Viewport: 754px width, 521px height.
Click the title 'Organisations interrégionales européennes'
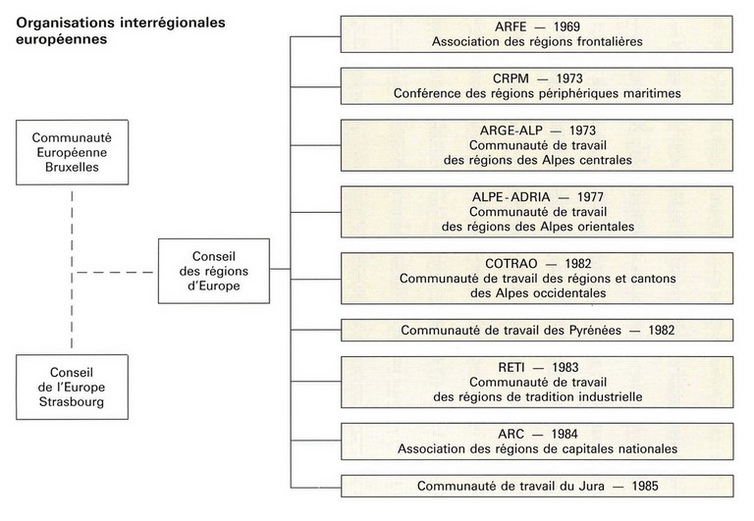(120, 30)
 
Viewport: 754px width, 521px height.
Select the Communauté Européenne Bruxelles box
(72, 152)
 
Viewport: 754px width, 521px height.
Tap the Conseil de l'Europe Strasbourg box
(72, 387)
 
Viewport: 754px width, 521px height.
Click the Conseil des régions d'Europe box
(214, 271)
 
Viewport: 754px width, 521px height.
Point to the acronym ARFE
(511, 26)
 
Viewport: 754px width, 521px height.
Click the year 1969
(566, 26)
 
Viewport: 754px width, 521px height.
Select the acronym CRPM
(511, 78)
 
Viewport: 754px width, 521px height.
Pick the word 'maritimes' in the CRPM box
(652, 93)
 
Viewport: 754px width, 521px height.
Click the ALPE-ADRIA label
(512, 197)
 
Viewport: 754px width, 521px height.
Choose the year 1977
(590, 197)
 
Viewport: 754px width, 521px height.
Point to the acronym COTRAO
(512, 263)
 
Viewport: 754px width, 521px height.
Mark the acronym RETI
(512, 368)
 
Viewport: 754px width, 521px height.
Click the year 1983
(565, 368)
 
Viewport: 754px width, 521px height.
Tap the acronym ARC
(511, 434)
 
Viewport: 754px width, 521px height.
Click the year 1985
(645, 486)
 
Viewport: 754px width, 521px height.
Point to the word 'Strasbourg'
(72, 402)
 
